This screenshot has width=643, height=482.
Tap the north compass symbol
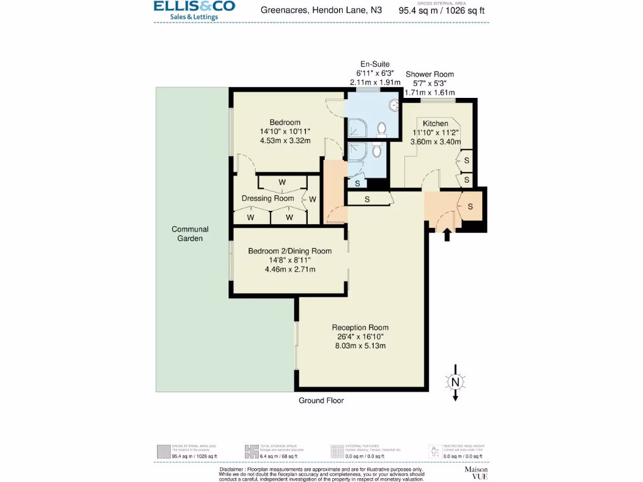455,381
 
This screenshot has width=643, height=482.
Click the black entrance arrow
447,235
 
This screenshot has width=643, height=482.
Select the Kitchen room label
435,123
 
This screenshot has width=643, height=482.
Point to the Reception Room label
360,328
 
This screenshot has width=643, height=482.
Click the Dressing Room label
267,198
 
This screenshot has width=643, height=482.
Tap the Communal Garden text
190,233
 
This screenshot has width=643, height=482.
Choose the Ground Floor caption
321,400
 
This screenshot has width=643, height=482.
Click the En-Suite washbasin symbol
394,105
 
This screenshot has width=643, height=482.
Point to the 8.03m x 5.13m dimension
360,346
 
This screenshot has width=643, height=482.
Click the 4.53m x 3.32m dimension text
285,141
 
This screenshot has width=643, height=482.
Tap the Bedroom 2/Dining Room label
289,251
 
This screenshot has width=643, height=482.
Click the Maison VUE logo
475,473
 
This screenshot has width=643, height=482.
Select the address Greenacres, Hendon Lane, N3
321,10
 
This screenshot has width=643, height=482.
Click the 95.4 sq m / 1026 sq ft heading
442,11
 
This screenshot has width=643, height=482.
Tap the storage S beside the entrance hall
470,206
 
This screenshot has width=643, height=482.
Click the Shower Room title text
430,74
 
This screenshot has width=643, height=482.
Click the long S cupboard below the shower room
367,200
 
